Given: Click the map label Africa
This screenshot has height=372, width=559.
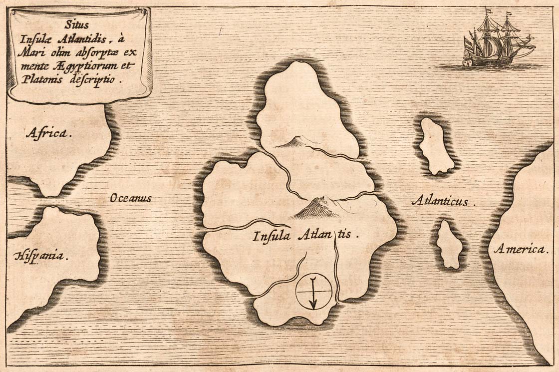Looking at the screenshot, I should [49, 133].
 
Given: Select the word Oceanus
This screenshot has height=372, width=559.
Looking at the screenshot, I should [130, 198].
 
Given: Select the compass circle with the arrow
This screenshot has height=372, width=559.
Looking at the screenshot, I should [313, 292].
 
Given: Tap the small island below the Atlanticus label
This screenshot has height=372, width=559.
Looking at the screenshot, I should [450, 244].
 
